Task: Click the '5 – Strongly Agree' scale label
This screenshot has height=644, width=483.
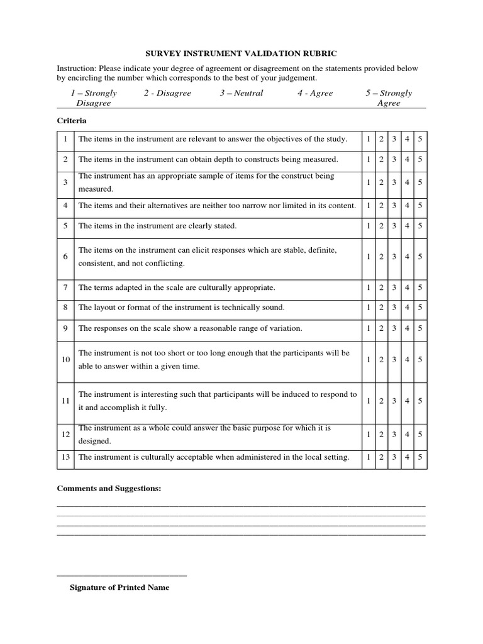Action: pyautogui.click(x=389, y=97)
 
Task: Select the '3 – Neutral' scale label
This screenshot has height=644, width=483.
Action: pyautogui.click(x=241, y=93)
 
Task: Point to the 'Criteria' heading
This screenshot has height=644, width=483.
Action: pyautogui.click(x=72, y=121)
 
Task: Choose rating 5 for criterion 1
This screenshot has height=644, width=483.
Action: pyautogui.click(x=419, y=139)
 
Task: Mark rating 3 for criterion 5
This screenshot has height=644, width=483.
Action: pyautogui.click(x=394, y=225)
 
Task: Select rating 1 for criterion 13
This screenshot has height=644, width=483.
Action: pyautogui.click(x=369, y=457)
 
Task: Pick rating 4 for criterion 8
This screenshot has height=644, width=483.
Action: pyautogui.click(x=407, y=308)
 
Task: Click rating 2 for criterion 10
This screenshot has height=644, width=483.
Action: pyautogui.click(x=381, y=360)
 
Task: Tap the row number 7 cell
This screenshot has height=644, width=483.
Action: pyautogui.click(x=65, y=287)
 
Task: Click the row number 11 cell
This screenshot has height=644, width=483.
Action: pyautogui.click(x=65, y=401)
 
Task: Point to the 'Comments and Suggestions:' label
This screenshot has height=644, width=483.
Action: pyautogui.click(x=109, y=489)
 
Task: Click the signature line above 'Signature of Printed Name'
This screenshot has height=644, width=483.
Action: pyautogui.click(x=122, y=575)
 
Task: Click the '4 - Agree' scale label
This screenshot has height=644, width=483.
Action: pyautogui.click(x=315, y=93)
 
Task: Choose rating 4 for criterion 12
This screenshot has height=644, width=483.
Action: pyautogui.click(x=407, y=434)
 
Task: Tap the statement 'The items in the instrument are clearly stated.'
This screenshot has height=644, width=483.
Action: pyautogui.click(x=157, y=225)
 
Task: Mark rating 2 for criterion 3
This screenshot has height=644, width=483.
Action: pyautogui.click(x=381, y=182)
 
